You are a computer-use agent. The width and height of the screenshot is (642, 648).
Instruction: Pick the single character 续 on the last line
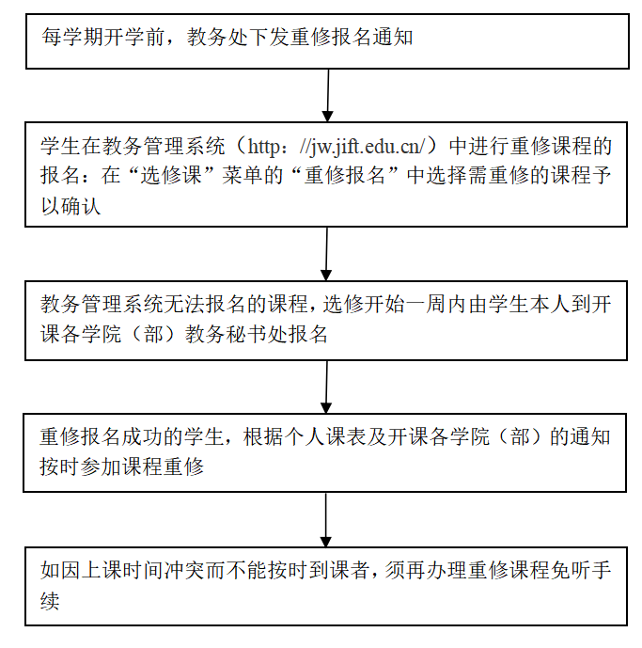[x=51, y=601]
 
